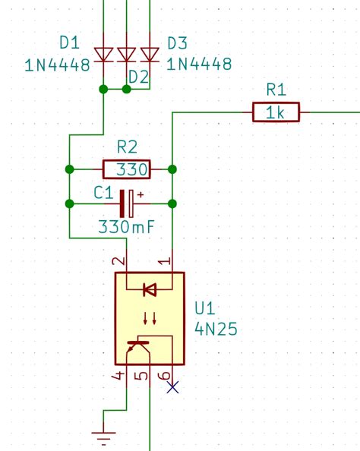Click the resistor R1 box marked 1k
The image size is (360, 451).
click(x=276, y=113)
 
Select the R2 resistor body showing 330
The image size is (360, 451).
click(x=126, y=169)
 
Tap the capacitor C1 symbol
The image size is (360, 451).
click(x=126, y=203)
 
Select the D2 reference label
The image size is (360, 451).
click(x=137, y=76)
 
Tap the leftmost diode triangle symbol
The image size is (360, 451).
click(x=103, y=54)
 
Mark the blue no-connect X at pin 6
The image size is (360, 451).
click(x=173, y=387)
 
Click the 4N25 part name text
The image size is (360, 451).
click(x=216, y=330)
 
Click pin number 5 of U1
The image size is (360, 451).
click(x=140, y=376)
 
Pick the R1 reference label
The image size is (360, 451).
click(x=276, y=90)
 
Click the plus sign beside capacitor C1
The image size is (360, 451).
click(x=140, y=194)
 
